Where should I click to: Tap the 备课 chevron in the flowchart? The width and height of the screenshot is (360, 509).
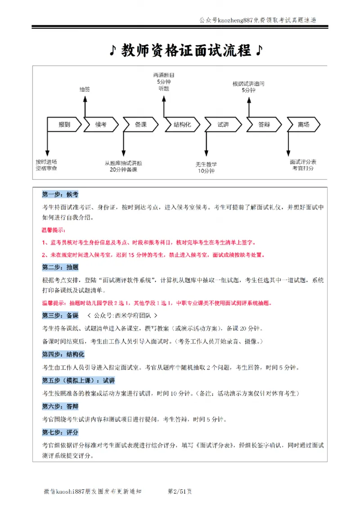140,125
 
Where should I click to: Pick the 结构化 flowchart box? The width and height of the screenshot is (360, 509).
182,125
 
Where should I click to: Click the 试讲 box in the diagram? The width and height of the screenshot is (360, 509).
223,125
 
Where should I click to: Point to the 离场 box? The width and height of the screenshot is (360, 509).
303,125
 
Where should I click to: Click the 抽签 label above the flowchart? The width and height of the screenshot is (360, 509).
85,89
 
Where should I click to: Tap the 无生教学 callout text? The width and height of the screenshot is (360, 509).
206,164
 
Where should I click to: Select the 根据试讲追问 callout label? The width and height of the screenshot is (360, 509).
248,84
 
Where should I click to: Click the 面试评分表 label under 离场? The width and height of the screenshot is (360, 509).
303,161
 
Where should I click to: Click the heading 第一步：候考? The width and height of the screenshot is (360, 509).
60,195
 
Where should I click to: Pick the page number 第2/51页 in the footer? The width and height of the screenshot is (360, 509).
180,491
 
